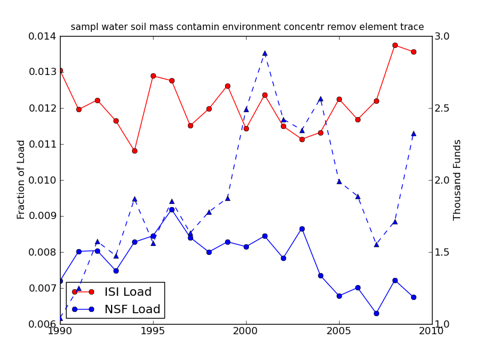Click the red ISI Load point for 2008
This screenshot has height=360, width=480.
pos(395,45)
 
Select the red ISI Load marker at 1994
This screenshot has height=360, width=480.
pos(134,151)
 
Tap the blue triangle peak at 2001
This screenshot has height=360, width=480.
pos(265,53)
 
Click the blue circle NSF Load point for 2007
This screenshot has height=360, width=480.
pos(376,313)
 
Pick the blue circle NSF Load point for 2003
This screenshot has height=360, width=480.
pos(302,229)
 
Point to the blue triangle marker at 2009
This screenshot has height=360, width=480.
pos(413,133)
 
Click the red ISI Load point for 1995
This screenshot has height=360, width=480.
pos(153,76)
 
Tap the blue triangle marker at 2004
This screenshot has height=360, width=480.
pos(320,98)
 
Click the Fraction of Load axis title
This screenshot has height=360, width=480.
pos(22,179)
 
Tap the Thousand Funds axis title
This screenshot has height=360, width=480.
pos(458,179)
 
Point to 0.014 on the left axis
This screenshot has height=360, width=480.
pos(44,36)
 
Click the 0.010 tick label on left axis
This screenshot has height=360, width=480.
pos(44,180)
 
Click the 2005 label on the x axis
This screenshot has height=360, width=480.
pos(339,331)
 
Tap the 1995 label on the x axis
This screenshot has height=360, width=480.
pos(153,331)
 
